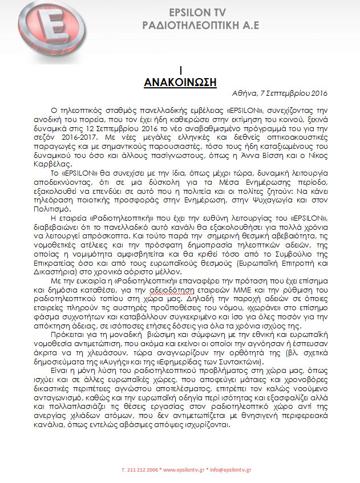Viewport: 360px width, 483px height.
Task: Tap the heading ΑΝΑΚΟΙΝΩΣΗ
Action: [x=180, y=82]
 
